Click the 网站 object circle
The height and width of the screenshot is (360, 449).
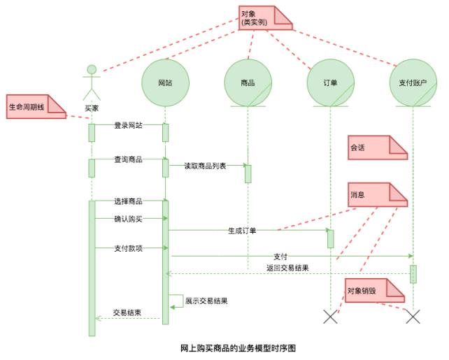165,82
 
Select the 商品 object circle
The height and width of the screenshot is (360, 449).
248,82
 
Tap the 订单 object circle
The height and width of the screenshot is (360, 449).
330,82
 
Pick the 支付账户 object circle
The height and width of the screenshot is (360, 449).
413,82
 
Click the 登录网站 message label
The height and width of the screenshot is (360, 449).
128,126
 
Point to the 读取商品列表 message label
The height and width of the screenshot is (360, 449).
205,166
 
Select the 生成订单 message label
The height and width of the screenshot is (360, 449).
242,230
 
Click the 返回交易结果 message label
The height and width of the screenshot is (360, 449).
287,268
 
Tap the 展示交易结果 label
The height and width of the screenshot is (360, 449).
206,301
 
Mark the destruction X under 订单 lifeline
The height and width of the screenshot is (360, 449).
330,317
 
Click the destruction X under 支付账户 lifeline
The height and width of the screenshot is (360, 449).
413,317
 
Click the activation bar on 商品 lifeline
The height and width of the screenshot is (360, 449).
248,173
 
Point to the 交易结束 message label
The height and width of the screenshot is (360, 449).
127,312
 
